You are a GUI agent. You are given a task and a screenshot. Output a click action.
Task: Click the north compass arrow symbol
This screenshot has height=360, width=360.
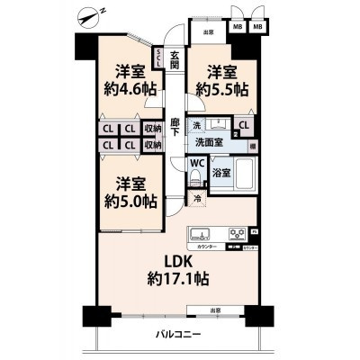[x=89, y=15]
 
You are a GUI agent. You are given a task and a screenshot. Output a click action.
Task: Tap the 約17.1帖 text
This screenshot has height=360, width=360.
[x=180, y=280]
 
